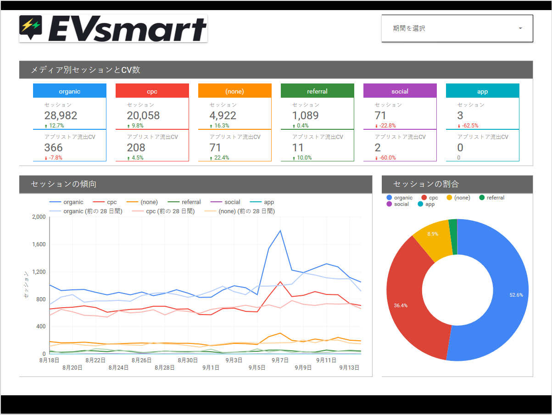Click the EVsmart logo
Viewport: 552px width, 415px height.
[113, 28]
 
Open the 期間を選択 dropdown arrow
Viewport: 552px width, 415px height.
[520, 28]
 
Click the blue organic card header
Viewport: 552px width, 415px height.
[70, 91]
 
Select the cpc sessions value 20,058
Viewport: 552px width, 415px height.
[143, 116]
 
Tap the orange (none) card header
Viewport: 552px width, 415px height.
[235, 91]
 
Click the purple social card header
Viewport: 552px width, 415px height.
[400, 91]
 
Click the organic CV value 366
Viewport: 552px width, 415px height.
[53, 148]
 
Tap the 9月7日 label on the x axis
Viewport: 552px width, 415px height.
[280, 360]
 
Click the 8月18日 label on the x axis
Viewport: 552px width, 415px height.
[50, 360]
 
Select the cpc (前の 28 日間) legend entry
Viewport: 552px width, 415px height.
[170, 211]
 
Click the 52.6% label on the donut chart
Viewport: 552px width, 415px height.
[516, 295]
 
